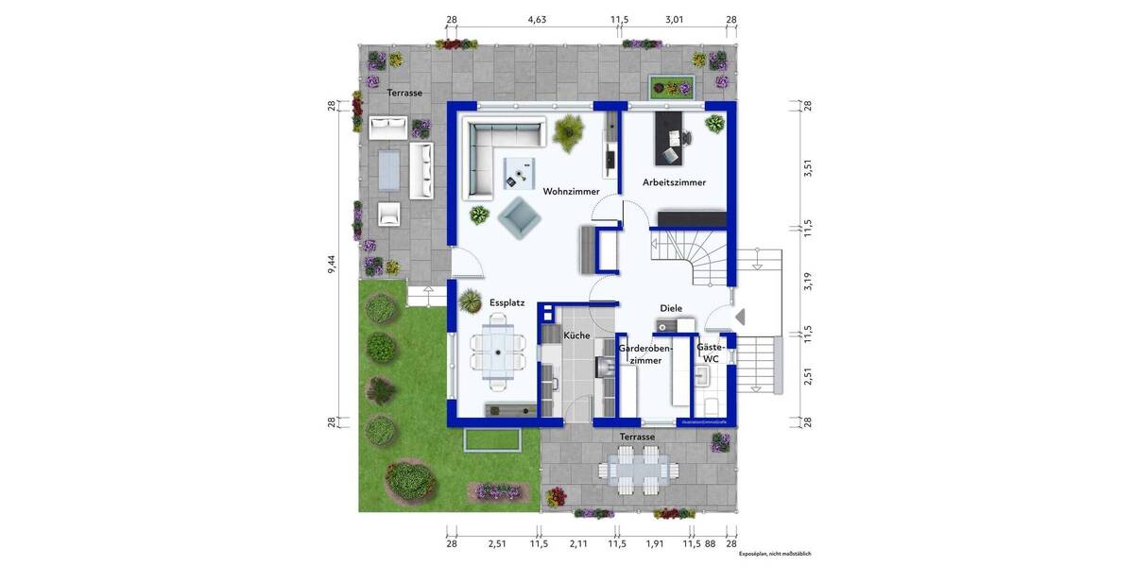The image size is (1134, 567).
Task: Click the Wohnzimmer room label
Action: [x=571, y=192]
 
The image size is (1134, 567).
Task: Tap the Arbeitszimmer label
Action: [x=674, y=182]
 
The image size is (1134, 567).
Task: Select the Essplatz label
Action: [x=507, y=303]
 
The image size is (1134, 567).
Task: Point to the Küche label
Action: [x=576, y=335]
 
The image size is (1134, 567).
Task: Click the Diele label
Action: [x=671, y=308]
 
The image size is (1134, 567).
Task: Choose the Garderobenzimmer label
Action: [x=645, y=353]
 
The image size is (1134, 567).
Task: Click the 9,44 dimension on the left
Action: [x=332, y=265]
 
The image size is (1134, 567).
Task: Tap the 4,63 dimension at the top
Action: [x=537, y=19]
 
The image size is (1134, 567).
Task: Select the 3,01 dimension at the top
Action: [x=674, y=19]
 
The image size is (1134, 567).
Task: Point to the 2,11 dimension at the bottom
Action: [x=577, y=544]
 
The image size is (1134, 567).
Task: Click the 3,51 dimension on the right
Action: [x=807, y=168]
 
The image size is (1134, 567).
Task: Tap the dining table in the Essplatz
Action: [x=497, y=354]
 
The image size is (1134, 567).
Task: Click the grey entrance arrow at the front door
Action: [x=739, y=317]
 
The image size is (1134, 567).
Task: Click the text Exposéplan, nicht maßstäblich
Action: [x=775, y=554]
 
